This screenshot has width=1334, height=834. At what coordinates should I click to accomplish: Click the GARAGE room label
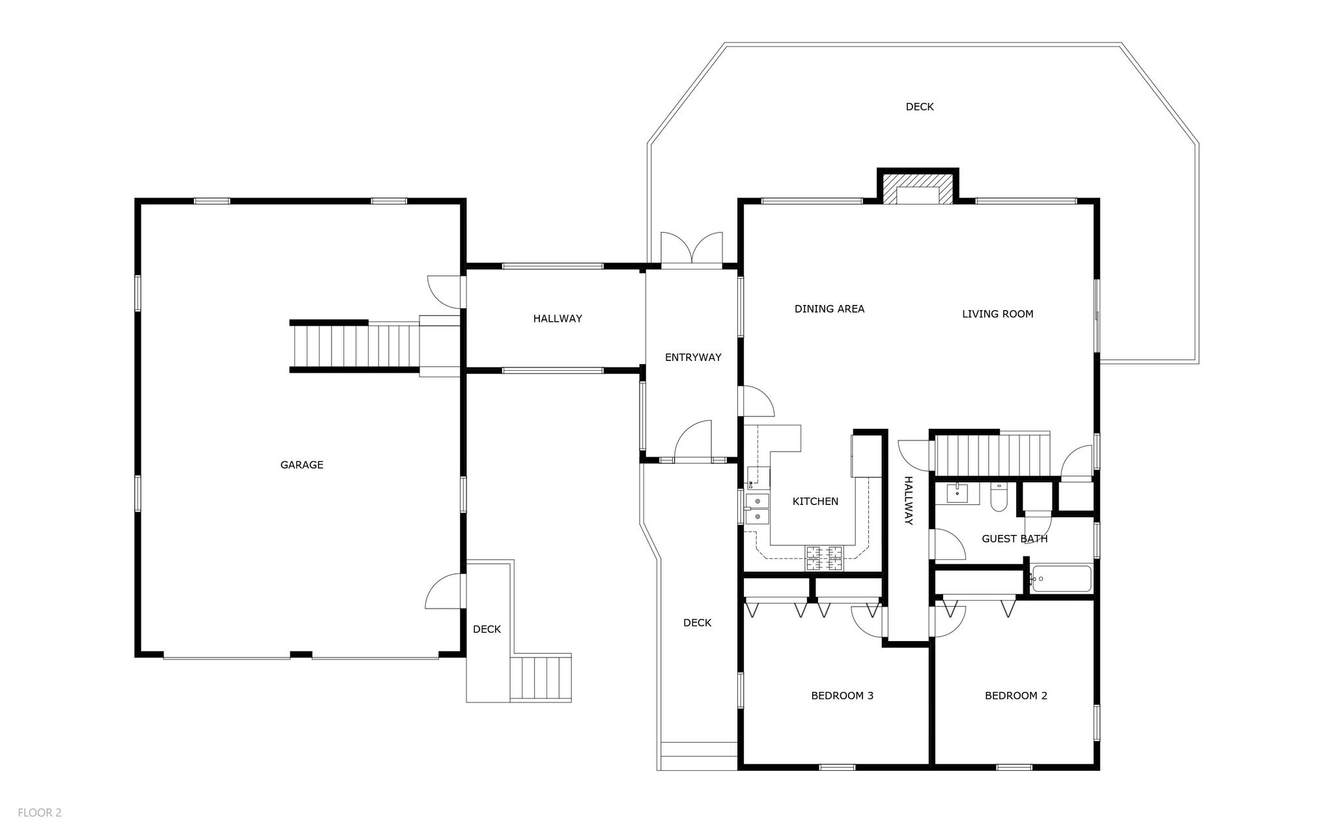[302, 465]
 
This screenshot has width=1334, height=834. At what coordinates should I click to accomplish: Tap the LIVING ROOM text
[997, 314]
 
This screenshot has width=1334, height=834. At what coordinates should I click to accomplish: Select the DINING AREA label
[829, 309]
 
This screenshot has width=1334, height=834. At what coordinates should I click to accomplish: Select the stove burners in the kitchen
[825, 558]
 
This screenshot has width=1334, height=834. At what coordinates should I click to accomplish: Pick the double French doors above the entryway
[692, 250]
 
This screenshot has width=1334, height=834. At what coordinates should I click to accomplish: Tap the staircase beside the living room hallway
[992, 455]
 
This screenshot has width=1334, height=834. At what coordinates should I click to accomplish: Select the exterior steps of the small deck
[540, 678]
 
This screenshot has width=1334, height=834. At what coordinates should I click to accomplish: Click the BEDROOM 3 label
[842, 695]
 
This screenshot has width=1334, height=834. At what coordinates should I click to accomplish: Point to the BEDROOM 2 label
[1015, 695]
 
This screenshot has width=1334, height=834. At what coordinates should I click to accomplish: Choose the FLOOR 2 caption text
[40, 812]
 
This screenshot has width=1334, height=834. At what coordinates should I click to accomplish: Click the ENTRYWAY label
[693, 357]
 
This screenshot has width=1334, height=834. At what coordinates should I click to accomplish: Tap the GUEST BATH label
[1014, 539]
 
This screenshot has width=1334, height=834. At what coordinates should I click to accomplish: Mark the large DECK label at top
[919, 107]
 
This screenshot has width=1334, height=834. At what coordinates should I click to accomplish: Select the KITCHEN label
[815, 501]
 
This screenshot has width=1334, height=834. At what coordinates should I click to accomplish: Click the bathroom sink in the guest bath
[957, 493]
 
